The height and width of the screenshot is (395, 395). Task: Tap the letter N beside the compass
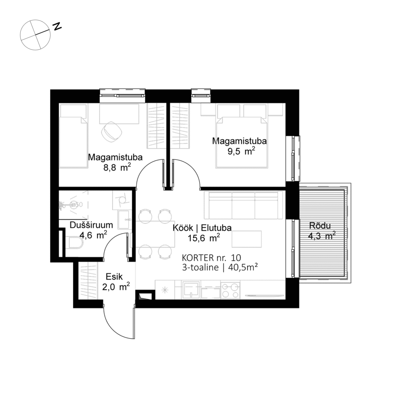tap(57, 26)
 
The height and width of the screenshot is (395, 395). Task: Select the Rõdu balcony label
tap(321, 227)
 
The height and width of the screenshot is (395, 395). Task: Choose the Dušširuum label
tap(91, 225)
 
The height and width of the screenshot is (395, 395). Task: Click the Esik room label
tap(114, 276)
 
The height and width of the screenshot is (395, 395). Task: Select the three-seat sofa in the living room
tap(243, 204)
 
